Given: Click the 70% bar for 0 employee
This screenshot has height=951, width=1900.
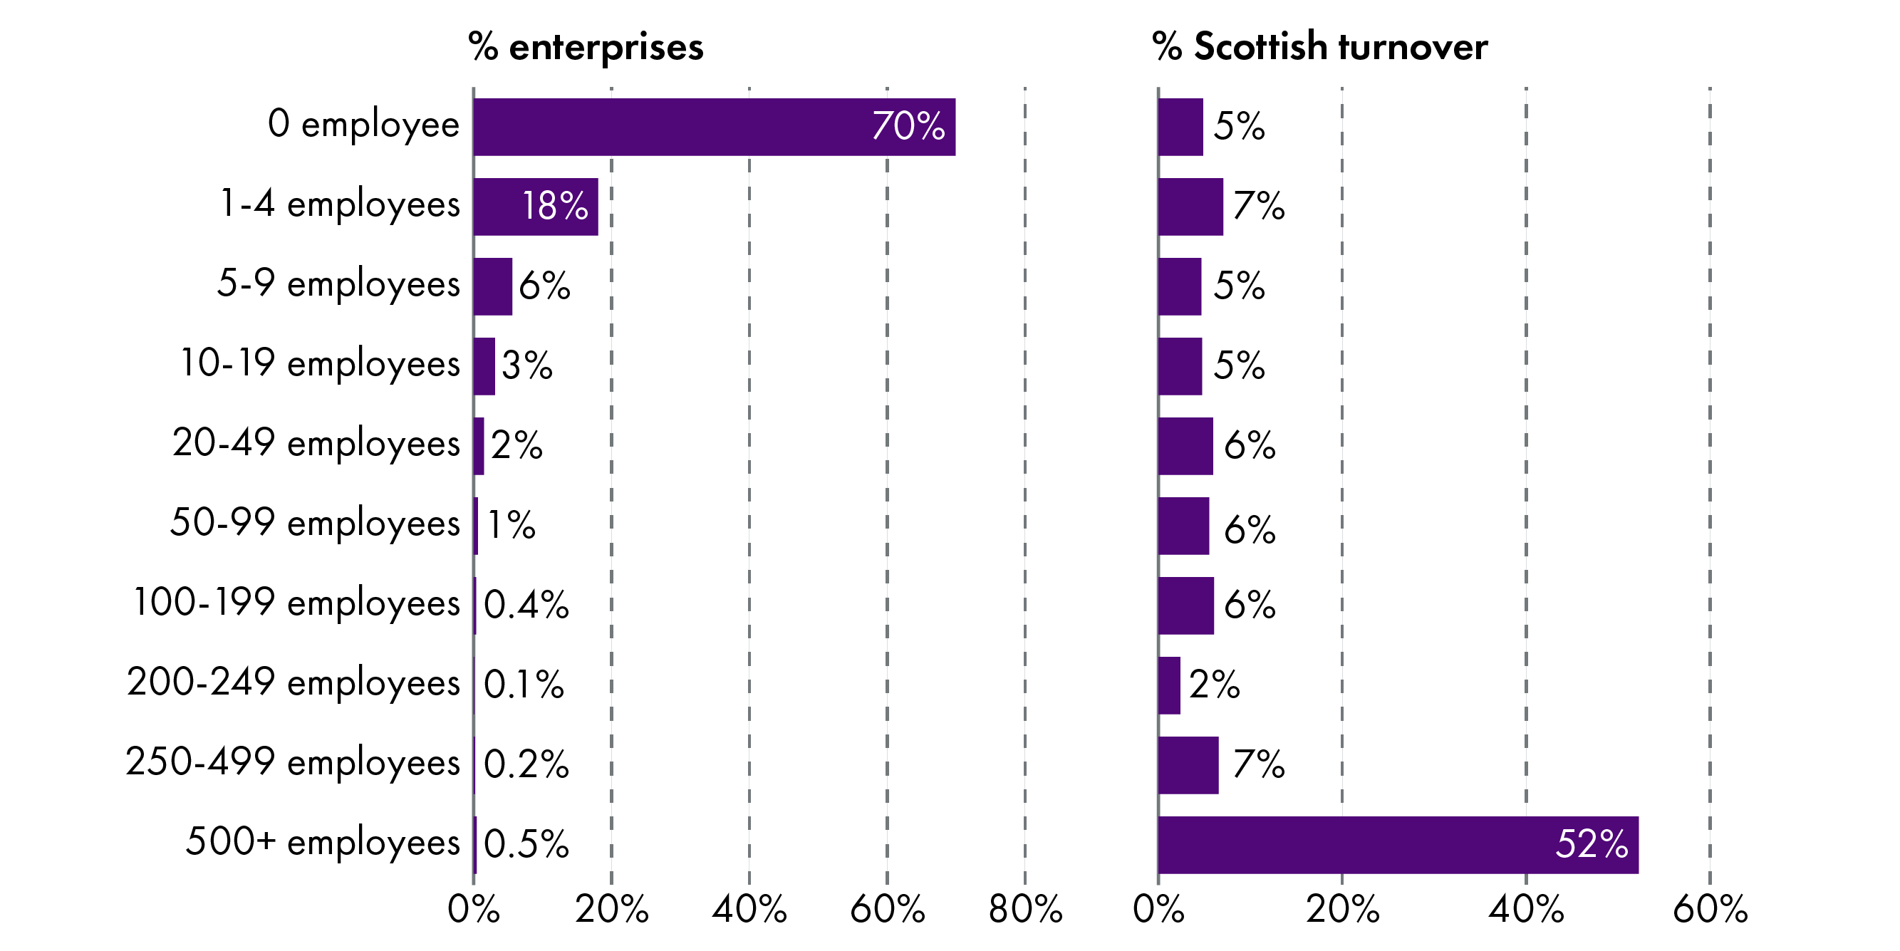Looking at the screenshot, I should coord(713,127).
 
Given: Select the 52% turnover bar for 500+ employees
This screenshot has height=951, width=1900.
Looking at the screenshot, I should coord(1398,845).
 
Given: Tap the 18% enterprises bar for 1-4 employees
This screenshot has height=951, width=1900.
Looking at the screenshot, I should coord(536,207).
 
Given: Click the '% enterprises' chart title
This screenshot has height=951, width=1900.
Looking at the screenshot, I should coord(586,46).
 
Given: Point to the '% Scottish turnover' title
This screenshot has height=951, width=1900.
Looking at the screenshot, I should coord(1319,46).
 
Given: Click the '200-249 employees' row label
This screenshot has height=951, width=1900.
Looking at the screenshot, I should coord(293,682).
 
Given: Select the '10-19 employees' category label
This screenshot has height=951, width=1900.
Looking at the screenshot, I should coord(319,363).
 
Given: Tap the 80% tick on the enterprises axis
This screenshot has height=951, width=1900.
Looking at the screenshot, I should coord(1025,909).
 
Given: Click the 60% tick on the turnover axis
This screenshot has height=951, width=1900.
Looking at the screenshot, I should coord(1710,909).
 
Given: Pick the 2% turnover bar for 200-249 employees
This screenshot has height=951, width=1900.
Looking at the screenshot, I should coord(1169,685).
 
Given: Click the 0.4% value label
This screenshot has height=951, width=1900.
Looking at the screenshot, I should coord(526,605).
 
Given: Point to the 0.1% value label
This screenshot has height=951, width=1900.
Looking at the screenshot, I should coord(524,685).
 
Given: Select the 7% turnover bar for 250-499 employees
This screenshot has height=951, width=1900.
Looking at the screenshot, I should coord(1188,765).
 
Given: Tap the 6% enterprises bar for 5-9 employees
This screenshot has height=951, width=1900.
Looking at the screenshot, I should coord(493,286).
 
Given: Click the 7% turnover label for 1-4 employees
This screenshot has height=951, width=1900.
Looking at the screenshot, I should coord(1258,206).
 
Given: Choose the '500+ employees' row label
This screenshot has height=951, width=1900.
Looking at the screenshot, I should coord(322,842).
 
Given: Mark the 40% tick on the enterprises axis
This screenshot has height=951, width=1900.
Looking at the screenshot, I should coord(749,909).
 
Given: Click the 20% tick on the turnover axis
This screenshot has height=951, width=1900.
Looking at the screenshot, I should coord(1341,909).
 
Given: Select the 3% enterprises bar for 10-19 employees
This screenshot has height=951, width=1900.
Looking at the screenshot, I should coord(484,366).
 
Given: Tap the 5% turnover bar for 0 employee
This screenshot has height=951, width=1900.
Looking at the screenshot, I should coord(1180,127).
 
